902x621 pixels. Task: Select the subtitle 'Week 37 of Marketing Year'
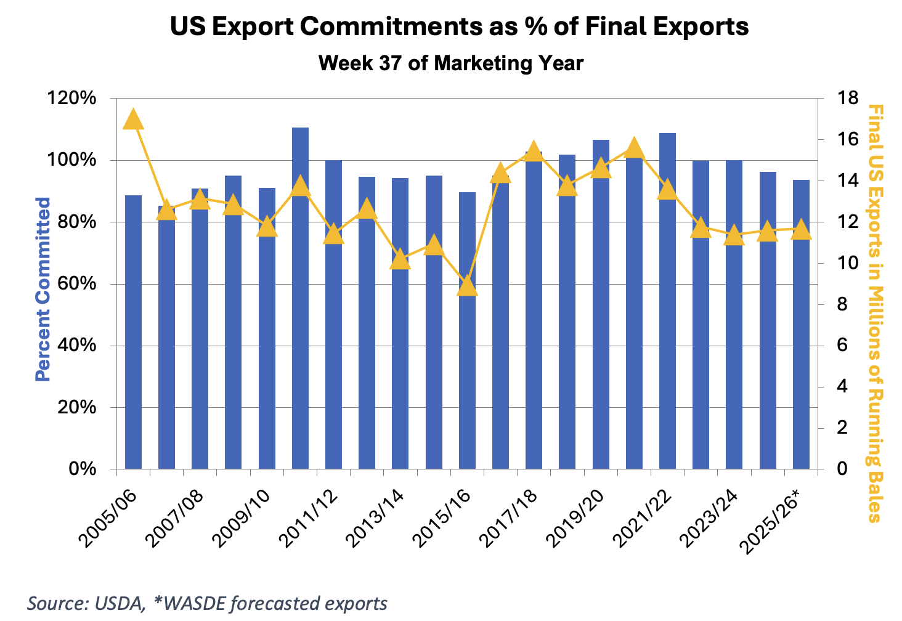[450, 63]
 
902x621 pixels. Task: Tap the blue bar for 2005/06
[133, 333]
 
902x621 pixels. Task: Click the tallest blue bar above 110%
[300, 296]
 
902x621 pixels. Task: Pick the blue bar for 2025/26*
[801, 357]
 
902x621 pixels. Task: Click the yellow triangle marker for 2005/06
[134, 119]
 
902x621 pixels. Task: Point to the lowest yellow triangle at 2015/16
[468, 286]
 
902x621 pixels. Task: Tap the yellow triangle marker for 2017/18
[534, 151]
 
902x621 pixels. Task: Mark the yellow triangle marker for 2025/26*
[801, 228]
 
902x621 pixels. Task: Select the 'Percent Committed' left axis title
[42, 288]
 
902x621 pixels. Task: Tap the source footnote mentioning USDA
[207, 603]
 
